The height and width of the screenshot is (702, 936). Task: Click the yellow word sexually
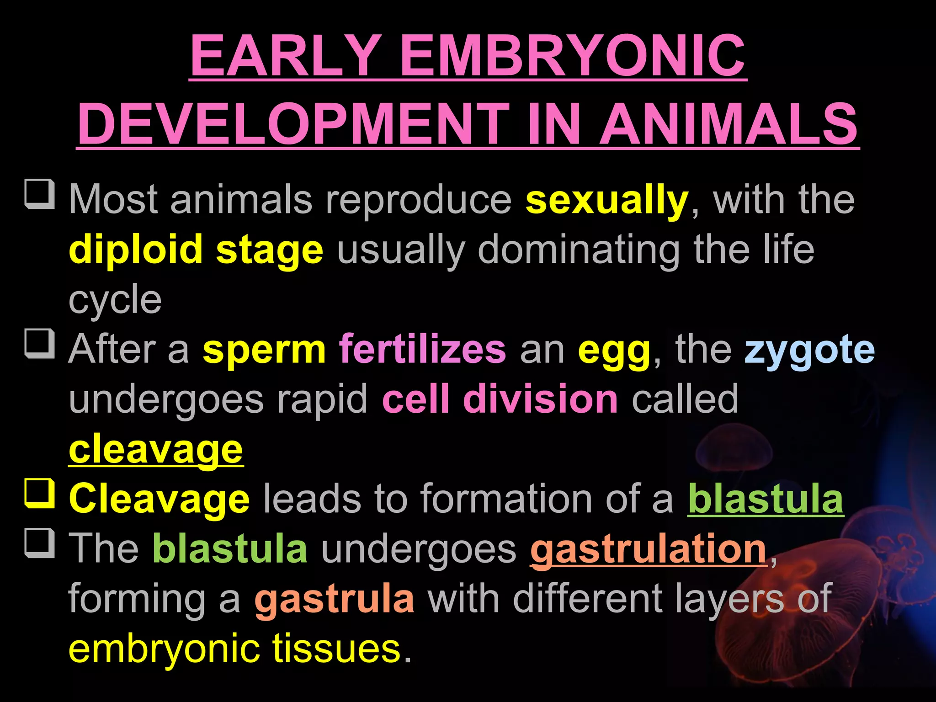coord(606,200)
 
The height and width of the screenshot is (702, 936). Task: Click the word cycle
coord(115,300)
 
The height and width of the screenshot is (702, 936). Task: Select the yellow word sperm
coord(264,350)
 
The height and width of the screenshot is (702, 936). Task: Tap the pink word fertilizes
coord(422,350)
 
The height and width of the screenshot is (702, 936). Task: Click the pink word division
coord(541,399)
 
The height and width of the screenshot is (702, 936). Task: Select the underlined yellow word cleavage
coord(156,450)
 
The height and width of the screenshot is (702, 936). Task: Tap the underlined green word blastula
coord(766,499)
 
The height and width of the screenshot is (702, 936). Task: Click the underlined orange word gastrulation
coord(648,549)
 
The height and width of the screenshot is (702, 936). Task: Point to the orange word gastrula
coord(335,599)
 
